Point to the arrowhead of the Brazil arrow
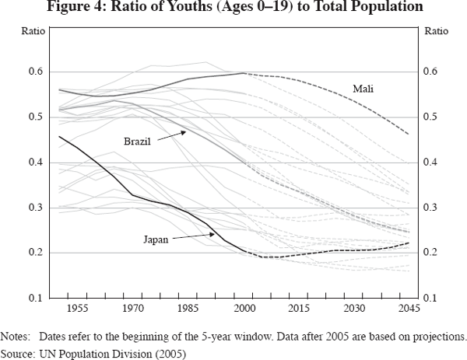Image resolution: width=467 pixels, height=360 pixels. point(187,131)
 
